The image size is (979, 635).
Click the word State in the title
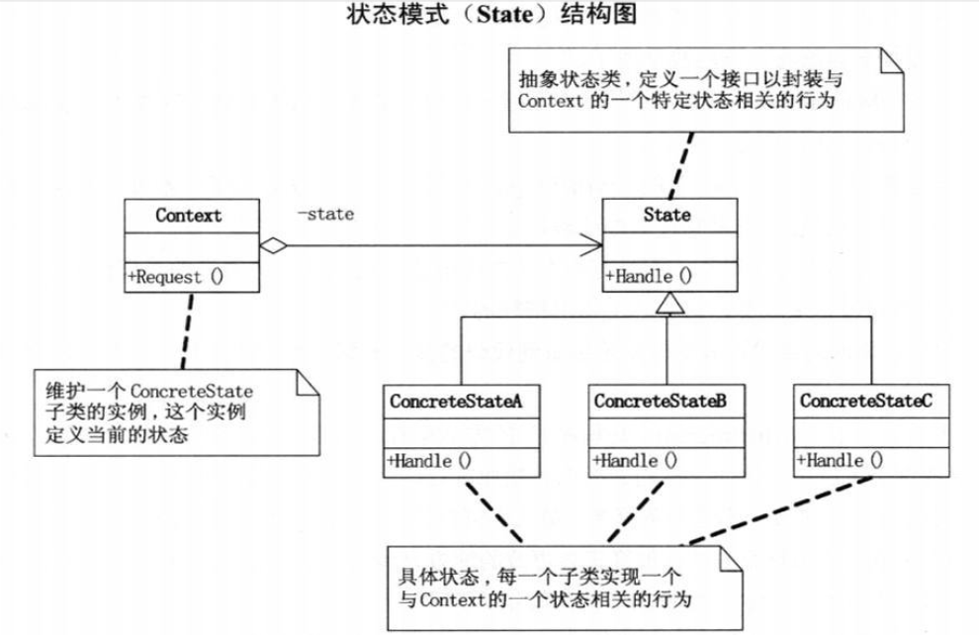[x=504, y=14]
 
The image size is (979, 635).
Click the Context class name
[x=189, y=216]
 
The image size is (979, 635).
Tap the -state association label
[x=325, y=215]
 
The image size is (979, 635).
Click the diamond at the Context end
[x=273, y=245]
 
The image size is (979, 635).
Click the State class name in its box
[x=667, y=215]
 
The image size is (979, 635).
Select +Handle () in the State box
[x=649, y=276]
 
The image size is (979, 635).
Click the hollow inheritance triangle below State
[x=669, y=304]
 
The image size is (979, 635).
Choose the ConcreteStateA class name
[x=456, y=401]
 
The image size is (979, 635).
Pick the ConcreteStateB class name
[x=660, y=401]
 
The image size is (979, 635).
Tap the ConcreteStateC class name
[x=866, y=401]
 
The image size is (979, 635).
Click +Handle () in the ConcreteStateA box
[x=429, y=461]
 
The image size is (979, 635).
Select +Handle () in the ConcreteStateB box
[x=634, y=461]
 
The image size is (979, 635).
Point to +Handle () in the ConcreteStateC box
[x=840, y=461]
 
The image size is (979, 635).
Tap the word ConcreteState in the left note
[x=192, y=392]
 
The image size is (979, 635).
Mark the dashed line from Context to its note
[x=187, y=331]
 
